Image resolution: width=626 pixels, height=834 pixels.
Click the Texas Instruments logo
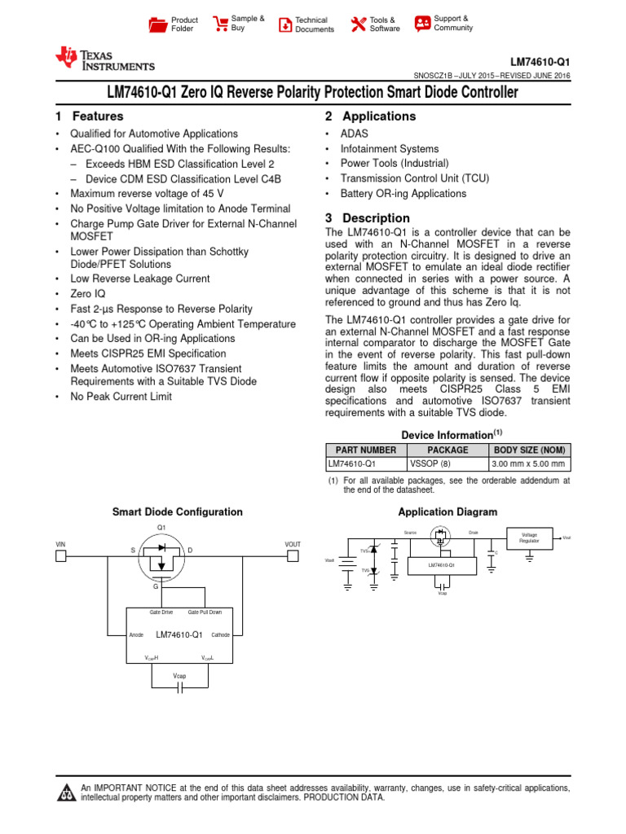coord(104,59)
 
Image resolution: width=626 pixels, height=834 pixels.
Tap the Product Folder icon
coord(157,24)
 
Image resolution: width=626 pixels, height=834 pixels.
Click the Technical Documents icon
coord(284,24)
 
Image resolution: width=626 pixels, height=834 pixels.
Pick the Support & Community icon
coord(422,23)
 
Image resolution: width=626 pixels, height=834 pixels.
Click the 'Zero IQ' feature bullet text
coord(87,293)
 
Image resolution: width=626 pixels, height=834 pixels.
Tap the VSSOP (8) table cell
coord(424,464)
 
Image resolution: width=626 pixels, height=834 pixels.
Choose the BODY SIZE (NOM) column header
coord(529,450)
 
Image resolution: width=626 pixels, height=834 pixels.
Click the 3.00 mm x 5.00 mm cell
coord(529,464)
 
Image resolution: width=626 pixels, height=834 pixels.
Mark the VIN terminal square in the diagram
coord(60,556)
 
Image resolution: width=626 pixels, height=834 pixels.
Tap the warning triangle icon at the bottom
coord(66,793)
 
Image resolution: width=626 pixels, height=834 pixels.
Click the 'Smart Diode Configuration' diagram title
coord(177,511)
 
